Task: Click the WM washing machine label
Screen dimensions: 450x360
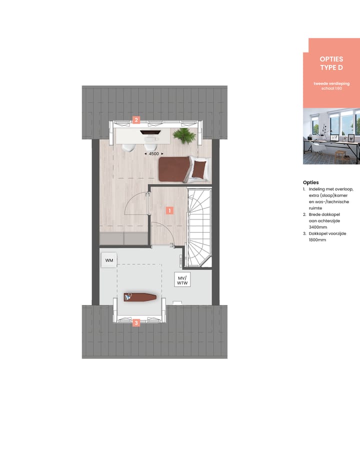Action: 108,260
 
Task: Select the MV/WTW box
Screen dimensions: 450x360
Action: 181,280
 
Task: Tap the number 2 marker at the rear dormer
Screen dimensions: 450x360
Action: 136,120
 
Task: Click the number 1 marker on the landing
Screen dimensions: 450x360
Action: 169,210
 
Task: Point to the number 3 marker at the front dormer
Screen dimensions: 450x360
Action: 136,323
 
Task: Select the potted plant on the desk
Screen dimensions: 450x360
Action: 183,134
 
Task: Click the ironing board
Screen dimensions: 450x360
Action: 140,297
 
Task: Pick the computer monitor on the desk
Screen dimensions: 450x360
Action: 148,133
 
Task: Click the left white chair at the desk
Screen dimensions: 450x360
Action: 128,146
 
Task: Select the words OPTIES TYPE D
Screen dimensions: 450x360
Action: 331,63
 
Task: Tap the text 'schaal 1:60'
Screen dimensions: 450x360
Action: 331,88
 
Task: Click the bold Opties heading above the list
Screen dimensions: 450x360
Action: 310,182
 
